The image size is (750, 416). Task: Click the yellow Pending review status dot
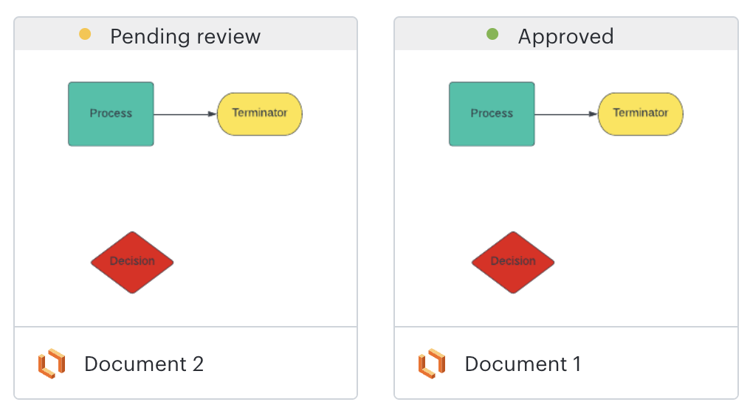click(85, 34)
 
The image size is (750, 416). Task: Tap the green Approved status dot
click(492, 34)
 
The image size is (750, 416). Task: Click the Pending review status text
click(185, 36)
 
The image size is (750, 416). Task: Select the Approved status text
click(565, 36)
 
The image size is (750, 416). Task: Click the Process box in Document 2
click(111, 114)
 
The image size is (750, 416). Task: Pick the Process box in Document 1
click(492, 114)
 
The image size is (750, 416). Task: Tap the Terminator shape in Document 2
click(260, 114)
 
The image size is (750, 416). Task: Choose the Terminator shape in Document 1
click(640, 114)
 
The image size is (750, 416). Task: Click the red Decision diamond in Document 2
click(132, 262)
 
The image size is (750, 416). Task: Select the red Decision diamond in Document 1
click(513, 262)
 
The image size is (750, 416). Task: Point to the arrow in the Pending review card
click(185, 114)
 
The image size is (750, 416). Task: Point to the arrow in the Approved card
click(565, 114)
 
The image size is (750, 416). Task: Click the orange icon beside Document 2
click(52, 364)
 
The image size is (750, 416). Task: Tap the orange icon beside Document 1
click(432, 364)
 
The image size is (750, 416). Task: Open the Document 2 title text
click(143, 364)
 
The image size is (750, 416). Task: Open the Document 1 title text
click(523, 364)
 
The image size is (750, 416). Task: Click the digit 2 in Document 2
click(197, 364)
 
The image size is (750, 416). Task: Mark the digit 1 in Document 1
click(576, 364)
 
